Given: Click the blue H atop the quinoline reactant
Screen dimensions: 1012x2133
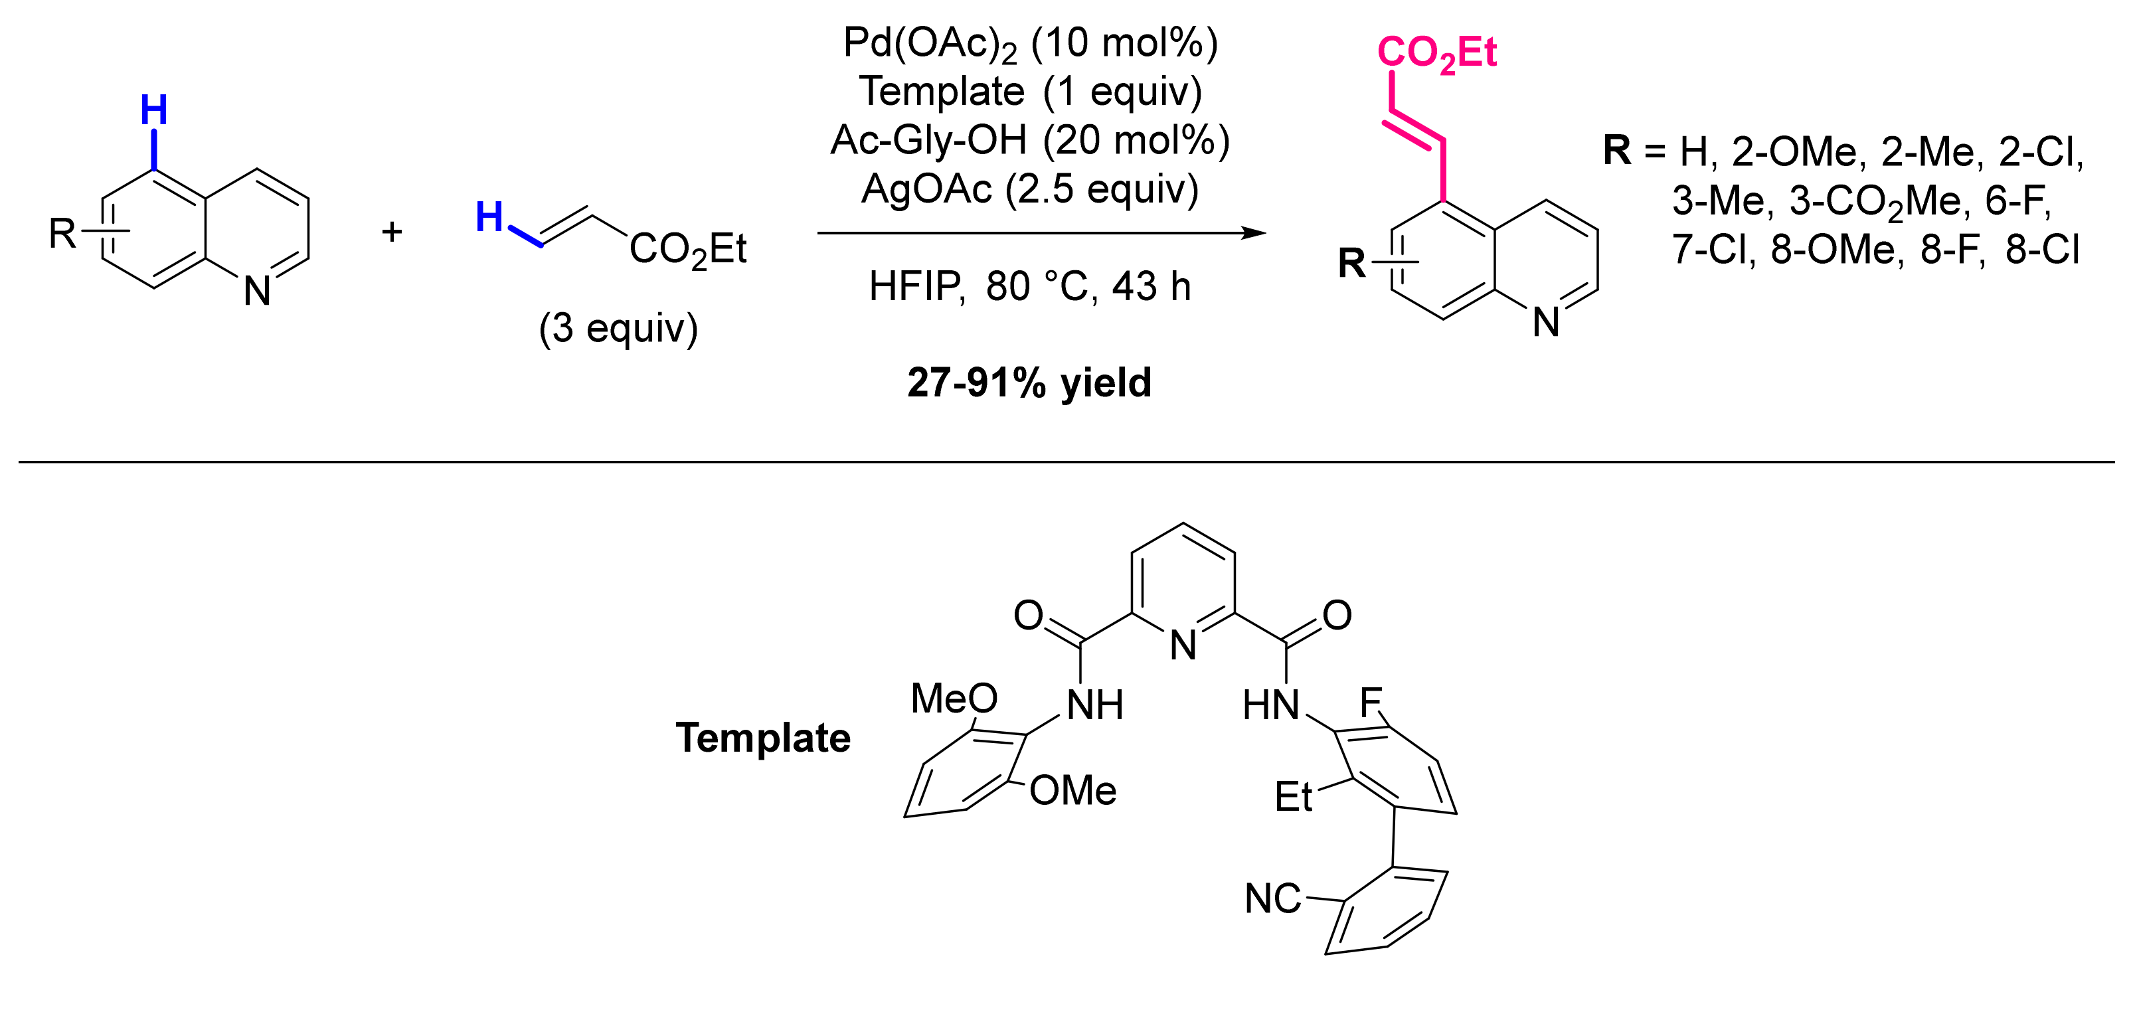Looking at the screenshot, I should click(x=154, y=110).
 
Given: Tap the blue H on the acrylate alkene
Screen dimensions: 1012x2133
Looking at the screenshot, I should click(x=489, y=218).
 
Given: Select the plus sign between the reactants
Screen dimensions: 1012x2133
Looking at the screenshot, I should click(x=392, y=231).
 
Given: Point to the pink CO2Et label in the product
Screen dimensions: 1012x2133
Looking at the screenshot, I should click(x=1436, y=54).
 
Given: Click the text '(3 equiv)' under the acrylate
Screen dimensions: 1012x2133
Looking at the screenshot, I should click(x=618, y=328).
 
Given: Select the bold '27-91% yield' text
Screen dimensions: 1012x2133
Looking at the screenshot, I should click(x=1029, y=382).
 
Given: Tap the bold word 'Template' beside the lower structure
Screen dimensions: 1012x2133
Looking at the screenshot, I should click(x=762, y=737).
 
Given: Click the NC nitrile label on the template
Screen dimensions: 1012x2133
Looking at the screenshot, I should click(x=1272, y=898).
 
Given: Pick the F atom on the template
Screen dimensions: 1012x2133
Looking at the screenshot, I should click(x=1371, y=703).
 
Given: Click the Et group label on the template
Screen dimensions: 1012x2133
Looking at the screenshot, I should click(x=1294, y=797).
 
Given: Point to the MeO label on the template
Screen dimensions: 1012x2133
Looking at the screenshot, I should click(x=954, y=698).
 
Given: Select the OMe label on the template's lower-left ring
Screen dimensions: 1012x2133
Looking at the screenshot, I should click(x=1073, y=790).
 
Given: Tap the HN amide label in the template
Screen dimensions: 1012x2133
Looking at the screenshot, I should click(x=1270, y=706).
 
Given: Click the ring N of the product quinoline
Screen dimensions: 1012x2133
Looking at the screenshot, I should click(x=1546, y=322).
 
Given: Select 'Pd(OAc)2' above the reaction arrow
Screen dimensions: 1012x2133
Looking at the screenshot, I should click(x=929, y=43).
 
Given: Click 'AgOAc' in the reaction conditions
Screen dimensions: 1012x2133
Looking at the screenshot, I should click(x=926, y=190).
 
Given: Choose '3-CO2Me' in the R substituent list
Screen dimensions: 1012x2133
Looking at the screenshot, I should click(x=1877, y=201).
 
